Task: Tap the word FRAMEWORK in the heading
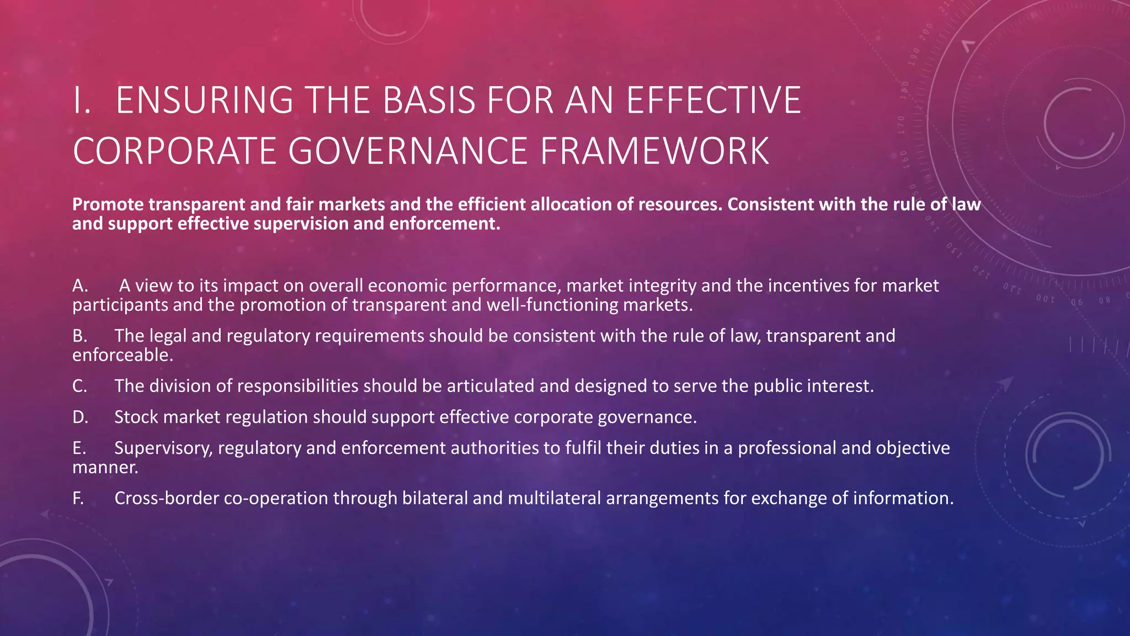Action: [x=654, y=151]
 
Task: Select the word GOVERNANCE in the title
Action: [x=408, y=151]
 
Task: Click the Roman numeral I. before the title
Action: [x=82, y=100]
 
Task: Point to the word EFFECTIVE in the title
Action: [x=713, y=100]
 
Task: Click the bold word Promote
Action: [x=108, y=204]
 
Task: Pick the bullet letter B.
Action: [x=79, y=336]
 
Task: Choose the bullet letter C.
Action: [x=79, y=386]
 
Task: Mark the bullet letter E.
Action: [x=79, y=448]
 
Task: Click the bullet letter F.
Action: [x=78, y=498]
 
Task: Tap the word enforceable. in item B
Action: [x=122, y=355]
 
